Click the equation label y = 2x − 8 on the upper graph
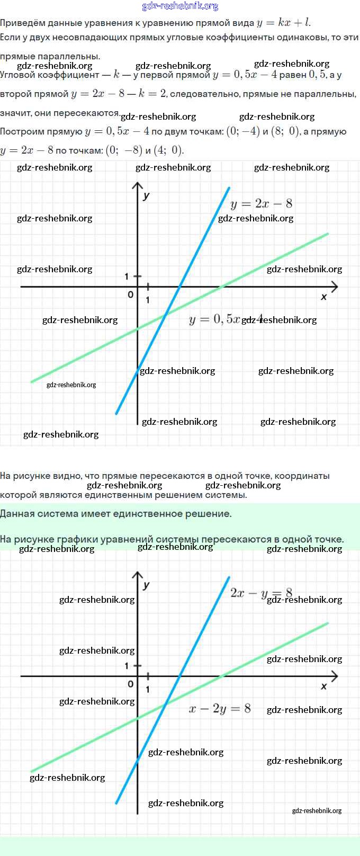(x=262, y=204)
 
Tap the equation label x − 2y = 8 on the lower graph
(x=220, y=709)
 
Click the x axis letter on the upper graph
(x=324, y=297)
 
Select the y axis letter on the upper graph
(x=147, y=195)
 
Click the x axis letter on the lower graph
(x=324, y=686)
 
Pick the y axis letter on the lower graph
(x=147, y=585)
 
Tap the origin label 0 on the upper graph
(x=131, y=295)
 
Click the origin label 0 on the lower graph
(x=131, y=684)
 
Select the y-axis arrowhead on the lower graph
(x=138, y=574)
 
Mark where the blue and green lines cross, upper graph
(x=166, y=315)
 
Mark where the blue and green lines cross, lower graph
(x=166, y=705)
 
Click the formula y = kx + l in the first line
(x=283, y=23)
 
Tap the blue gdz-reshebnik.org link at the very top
(x=180, y=6)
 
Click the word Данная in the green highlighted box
(x=19, y=513)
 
